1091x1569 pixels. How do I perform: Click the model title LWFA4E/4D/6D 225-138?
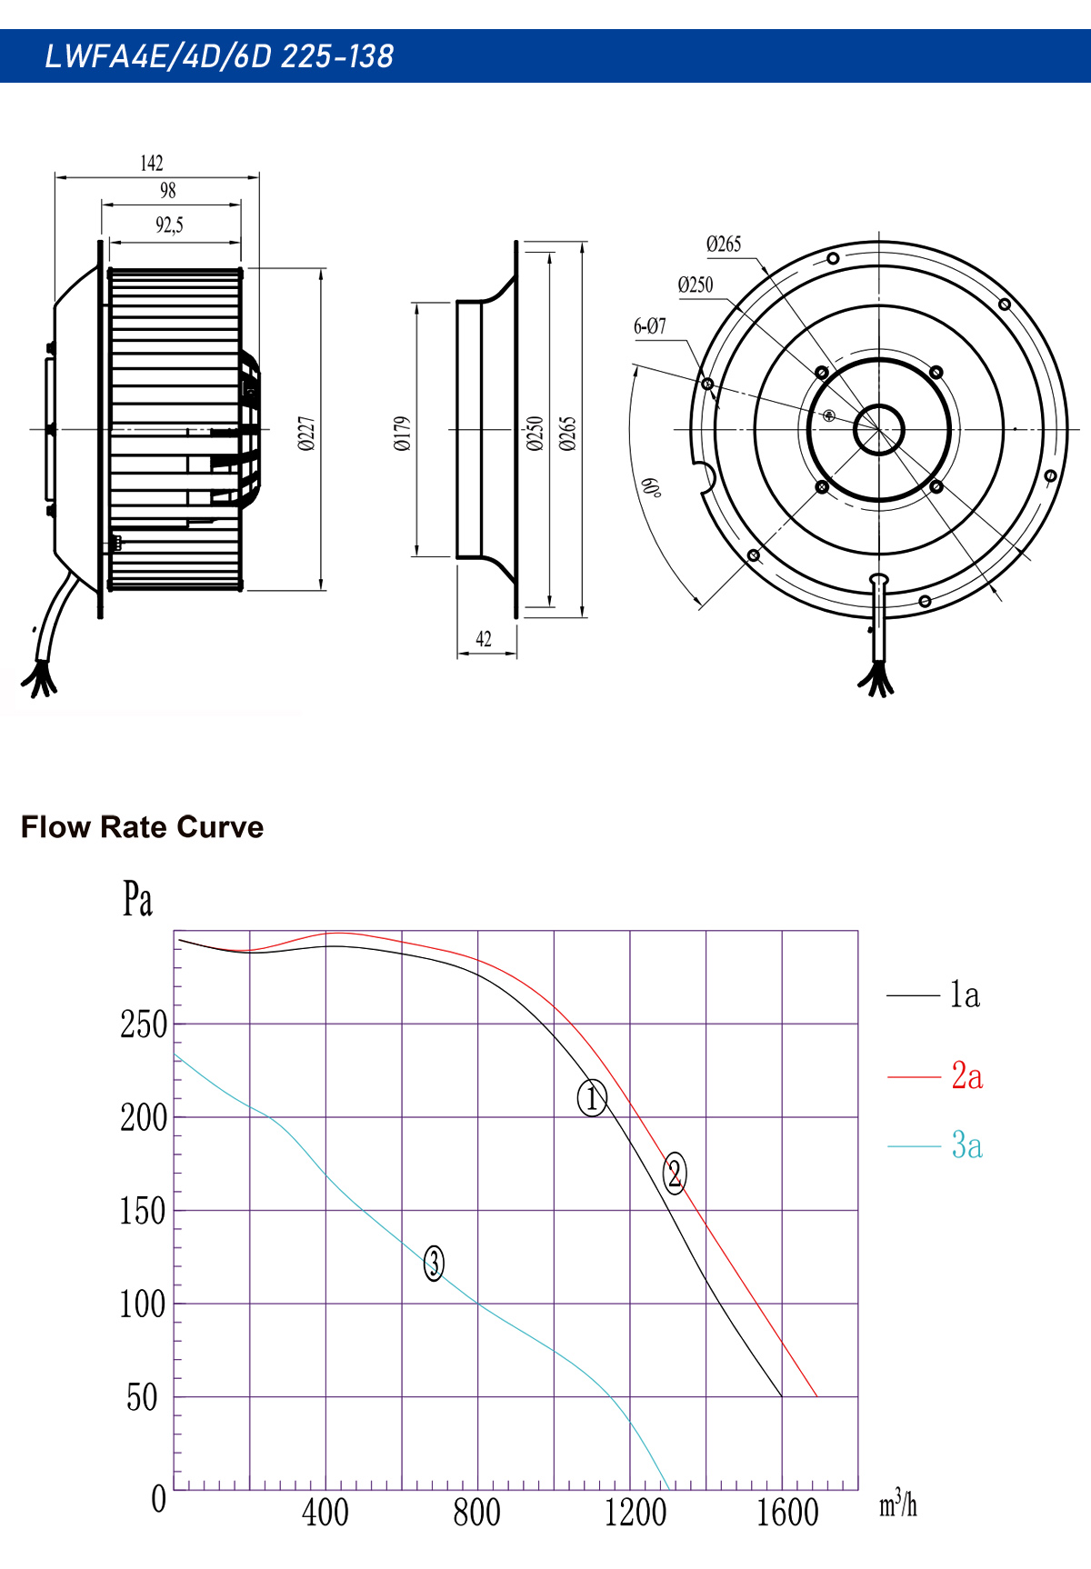(219, 56)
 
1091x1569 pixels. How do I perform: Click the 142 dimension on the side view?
(152, 163)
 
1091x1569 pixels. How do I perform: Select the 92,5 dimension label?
(169, 225)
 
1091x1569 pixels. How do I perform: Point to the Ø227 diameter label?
(306, 434)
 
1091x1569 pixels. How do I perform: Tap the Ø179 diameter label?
(403, 434)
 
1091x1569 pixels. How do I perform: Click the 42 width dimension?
(484, 639)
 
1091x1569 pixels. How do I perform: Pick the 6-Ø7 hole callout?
(650, 325)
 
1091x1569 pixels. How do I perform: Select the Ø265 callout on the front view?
(724, 244)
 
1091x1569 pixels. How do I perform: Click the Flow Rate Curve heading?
(142, 827)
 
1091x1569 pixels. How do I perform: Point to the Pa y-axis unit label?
(137, 899)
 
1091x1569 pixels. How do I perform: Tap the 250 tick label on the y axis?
(144, 1024)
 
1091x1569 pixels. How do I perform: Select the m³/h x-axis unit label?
(897, 1503)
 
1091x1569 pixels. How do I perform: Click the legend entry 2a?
(966, 1076)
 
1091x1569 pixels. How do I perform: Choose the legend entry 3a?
(966, 1145)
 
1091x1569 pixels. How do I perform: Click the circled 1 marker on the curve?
(592, 1098)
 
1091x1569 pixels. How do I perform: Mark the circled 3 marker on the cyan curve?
(434, 1263)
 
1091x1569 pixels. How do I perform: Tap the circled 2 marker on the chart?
(675, 1173)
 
